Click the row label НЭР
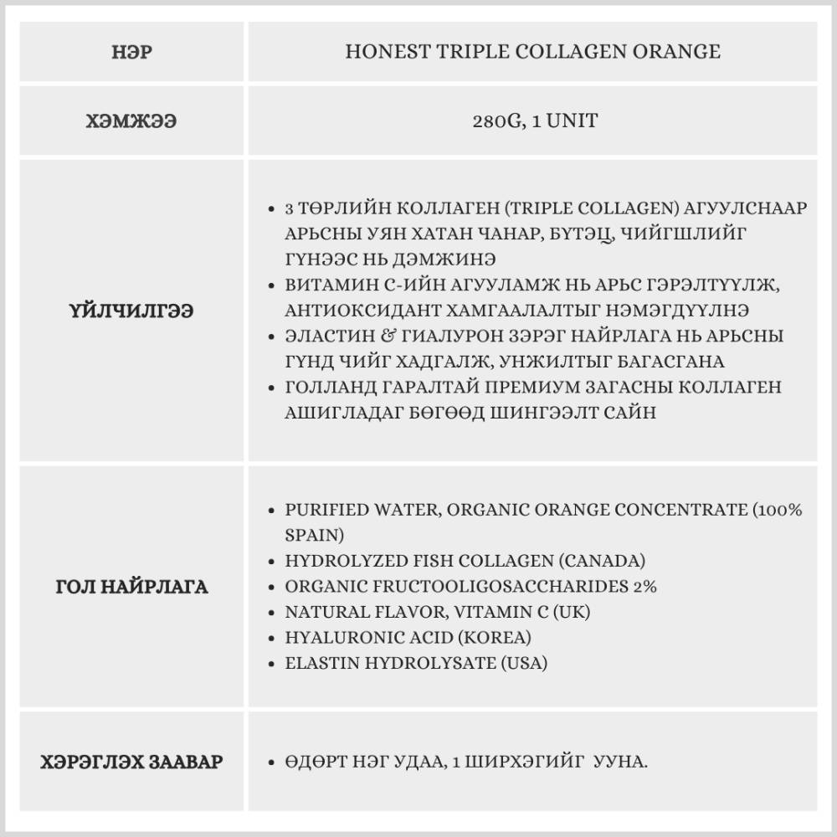point(132,52)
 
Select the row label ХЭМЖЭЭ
point(131,121)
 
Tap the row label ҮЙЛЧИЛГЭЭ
point(131,311)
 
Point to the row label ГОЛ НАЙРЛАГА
point(131,587)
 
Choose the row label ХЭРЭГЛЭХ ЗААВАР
point(131,763)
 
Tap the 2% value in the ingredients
point(644,587)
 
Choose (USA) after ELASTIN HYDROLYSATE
point(523,664)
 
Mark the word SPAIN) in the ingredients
point(314,535)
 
